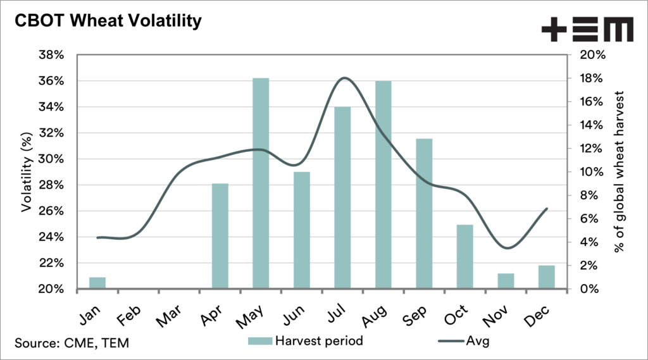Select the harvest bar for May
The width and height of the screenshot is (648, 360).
coord(261,183)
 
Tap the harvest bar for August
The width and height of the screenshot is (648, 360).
coord(383,183)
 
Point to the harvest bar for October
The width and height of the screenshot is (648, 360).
coord(464,256)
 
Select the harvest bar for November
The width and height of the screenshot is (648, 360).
coord(506,281)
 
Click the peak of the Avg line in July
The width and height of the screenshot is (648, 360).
coord(344,78)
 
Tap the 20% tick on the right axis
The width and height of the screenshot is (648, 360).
coord(593,55)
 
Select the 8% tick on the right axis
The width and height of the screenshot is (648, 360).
coord(590,196)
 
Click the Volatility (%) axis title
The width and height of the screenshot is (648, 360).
coord(27,171)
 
